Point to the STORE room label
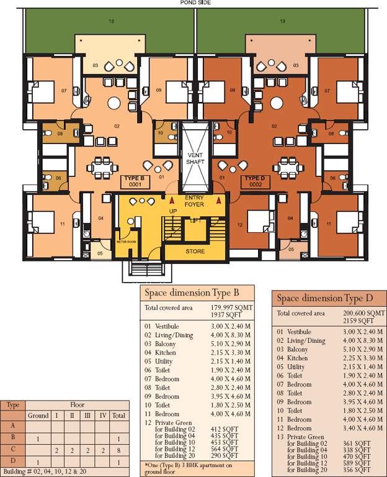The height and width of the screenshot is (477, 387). tap(195, 252)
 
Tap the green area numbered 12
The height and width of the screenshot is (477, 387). tap(111, 22)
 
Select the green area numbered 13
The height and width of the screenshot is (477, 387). tap(282, 22)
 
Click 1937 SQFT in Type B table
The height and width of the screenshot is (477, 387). tap(221, 315)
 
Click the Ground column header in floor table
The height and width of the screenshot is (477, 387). tap(38, 415)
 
